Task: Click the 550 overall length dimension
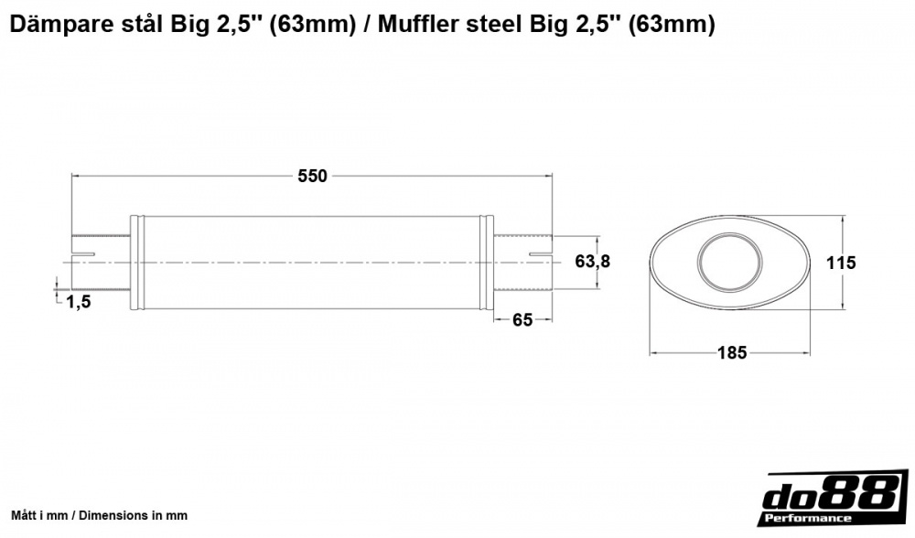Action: pyautogui.click(x=312, y=177)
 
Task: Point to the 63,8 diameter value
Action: pyautogui.click(x=592, y=262)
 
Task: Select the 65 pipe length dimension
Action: pyautogui.click(x=522, y=319)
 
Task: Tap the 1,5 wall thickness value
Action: pyautogui.click(x=79, y=301)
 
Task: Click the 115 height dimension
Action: pyautogui.click(x=840, y=263)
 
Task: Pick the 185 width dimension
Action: pyautogui.click(x=732, y=351)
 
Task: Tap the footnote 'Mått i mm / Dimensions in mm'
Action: pyautogui.click(x=99, y=515)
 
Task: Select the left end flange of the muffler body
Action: pyautogui.click(x=136, y=262)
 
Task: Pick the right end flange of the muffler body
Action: pyautogui.click(x=489, y=262)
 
